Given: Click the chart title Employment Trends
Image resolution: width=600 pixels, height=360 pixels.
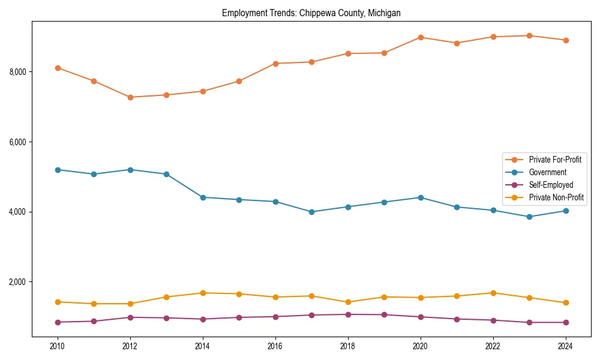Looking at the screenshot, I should coord(311,13).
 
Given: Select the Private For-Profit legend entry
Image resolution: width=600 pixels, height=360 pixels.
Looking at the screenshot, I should coord(554,160).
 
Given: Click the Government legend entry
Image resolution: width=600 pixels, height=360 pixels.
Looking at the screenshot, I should coord(547,172).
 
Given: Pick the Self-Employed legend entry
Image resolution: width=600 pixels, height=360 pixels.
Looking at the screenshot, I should coord(551,185).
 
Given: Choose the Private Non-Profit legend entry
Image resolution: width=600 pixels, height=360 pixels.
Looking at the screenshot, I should coord(556,197).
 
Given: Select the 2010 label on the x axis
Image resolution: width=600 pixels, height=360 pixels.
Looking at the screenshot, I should coord(58,346).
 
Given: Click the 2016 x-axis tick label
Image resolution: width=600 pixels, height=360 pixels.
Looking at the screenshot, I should coord(275,346).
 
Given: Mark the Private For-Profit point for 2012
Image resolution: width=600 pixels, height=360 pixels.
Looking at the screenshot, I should coord(130,97).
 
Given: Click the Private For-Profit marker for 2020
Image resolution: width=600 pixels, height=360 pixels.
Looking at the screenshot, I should coord(421,37).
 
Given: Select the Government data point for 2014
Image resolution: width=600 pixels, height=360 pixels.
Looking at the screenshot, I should coord(203,197).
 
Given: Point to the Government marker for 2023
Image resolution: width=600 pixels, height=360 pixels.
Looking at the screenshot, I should coord(529,217).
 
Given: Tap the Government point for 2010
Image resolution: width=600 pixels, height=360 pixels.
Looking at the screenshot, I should coord(58,170).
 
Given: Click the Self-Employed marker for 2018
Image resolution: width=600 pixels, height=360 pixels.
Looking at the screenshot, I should coord(348,314).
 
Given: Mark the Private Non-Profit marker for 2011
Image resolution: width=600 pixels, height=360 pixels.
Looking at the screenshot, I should coord(94,304).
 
